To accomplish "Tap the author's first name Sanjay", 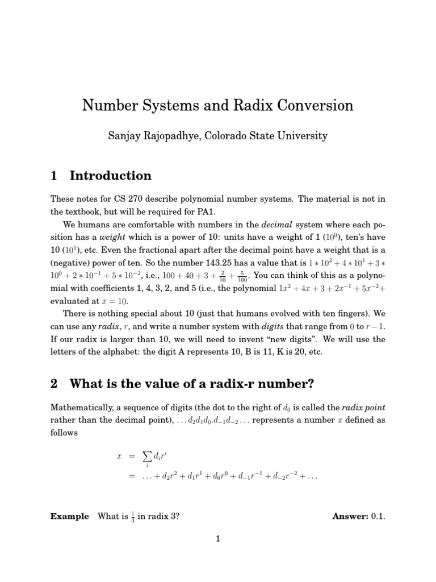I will pyautogui.click(x=123, y=136).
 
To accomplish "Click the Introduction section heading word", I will pyautogui.click(x=111, y=176).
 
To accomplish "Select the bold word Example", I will pyautogui.click(x=69, y=517).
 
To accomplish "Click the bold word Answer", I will pyautogui.click(x=350, y=517).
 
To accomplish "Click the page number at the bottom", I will pyautogui.click(x=217, y=539).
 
